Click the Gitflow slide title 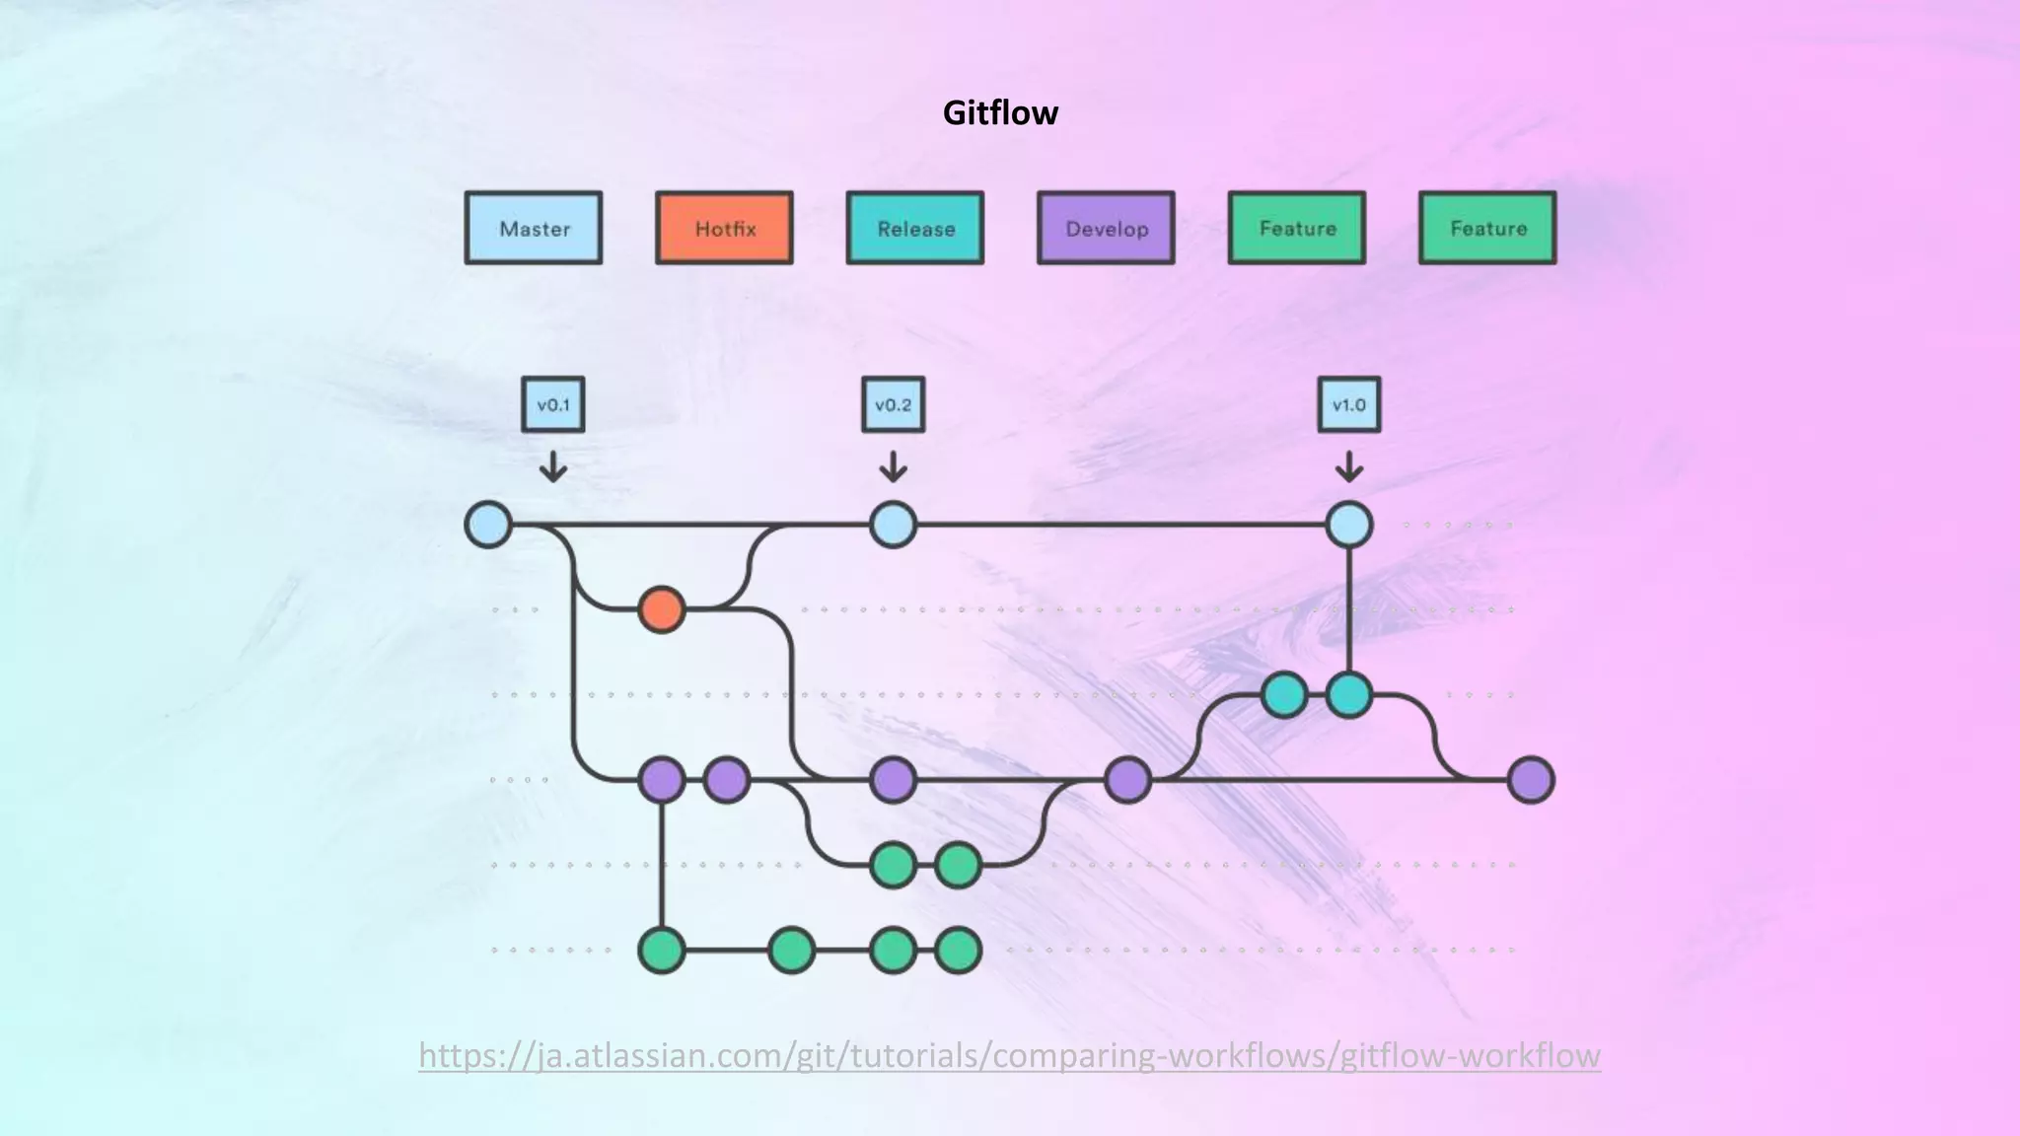click(x=1000, y=112)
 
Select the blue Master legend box click(x=534, y=228)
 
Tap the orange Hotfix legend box click(x=724, y=228)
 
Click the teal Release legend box click(x=915, y=228)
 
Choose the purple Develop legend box click(x=1106, y=228)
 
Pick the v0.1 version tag click(x=553, y=404)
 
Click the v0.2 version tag click(x=894, y=404)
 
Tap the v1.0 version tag click(x=1349, y=404)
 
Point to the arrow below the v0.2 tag click(x=894, y=466)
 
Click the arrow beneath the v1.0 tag click(x=1349, y=466)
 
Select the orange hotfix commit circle click(x=662, y=609)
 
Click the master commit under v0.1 click(x=488, y=525)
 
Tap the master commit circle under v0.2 click(x=894, y=525)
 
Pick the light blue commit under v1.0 click(x=1349, y=525)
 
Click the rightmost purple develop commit click(x=1531, y=780)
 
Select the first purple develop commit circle click(x=662, y=780)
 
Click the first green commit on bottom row click(x=662, y=951)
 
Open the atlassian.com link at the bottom click(x=1009, y=1055)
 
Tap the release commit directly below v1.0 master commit click(x=1349, y=695)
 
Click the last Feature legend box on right click(x=1487, y=228)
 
